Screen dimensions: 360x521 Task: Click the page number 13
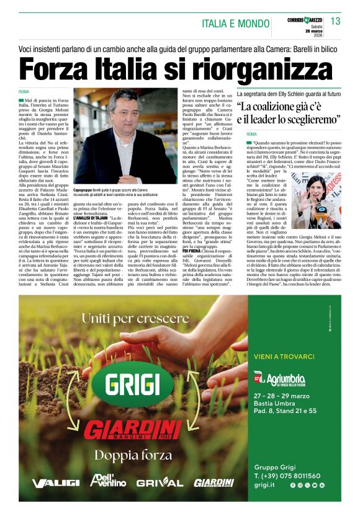coord(335,22)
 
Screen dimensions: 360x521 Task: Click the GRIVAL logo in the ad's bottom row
coord(160,482)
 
